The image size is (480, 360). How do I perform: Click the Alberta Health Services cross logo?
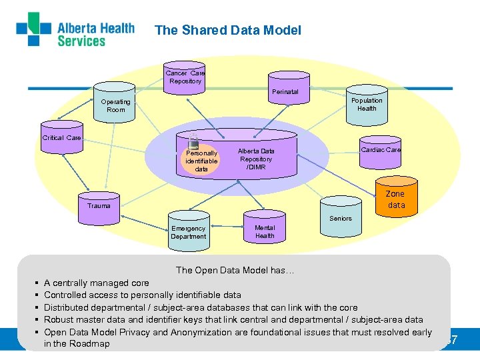pos(33,29)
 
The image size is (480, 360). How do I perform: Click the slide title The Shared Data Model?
pos(228,30)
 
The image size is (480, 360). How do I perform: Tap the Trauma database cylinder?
pos(99,204)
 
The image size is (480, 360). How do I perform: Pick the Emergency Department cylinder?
pos(188,230)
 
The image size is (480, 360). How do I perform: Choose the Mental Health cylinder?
pos(265,230)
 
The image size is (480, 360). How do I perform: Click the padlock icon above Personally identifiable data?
pos(194,139)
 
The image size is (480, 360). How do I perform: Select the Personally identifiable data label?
pos(201,161)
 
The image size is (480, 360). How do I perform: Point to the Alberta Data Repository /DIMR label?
pos(257,159)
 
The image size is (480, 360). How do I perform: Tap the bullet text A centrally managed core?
pos(97,283)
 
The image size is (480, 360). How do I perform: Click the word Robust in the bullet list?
pos(59,319)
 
